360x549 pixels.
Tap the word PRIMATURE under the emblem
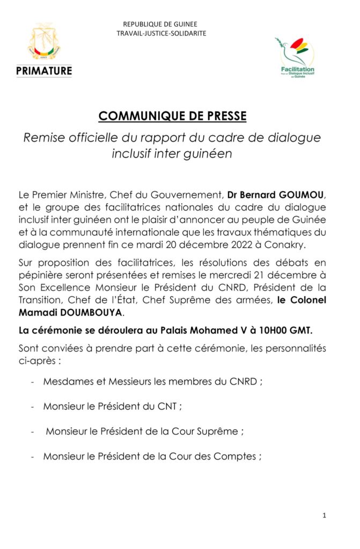coord(44,70)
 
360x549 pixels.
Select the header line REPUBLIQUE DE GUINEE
coord(160,24)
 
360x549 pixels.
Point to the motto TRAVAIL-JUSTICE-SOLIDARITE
coord(161,33)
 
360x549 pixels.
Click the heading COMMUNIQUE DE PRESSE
coord(173,116)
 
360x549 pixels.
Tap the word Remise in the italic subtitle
coord(42,138)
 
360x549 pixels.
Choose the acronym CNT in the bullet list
coord(167,406)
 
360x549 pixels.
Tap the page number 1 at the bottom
coord(325,516)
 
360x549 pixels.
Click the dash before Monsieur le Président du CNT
coord(34,406)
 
